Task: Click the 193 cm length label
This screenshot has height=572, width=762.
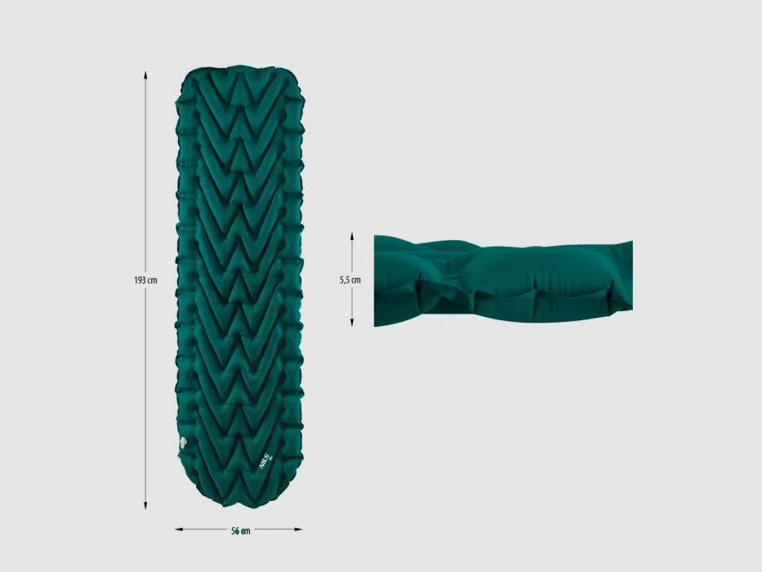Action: [x=145, y=280]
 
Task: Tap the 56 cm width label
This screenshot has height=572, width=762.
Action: [x=241, y=530]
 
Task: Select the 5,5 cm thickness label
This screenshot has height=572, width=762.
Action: [x=350, y=280]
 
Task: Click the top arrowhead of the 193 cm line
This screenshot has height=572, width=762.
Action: [x=145, y=74]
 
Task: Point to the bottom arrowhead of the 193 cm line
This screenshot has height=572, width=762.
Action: [x=145, y=505]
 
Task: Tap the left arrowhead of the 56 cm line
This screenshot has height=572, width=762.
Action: [x=179, y=530]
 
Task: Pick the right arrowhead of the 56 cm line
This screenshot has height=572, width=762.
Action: [x=298, y=530]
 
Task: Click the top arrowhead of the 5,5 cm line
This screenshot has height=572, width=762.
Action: [x=352, y=236]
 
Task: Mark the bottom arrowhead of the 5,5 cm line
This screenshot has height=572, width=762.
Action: [x=352, y=323]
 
